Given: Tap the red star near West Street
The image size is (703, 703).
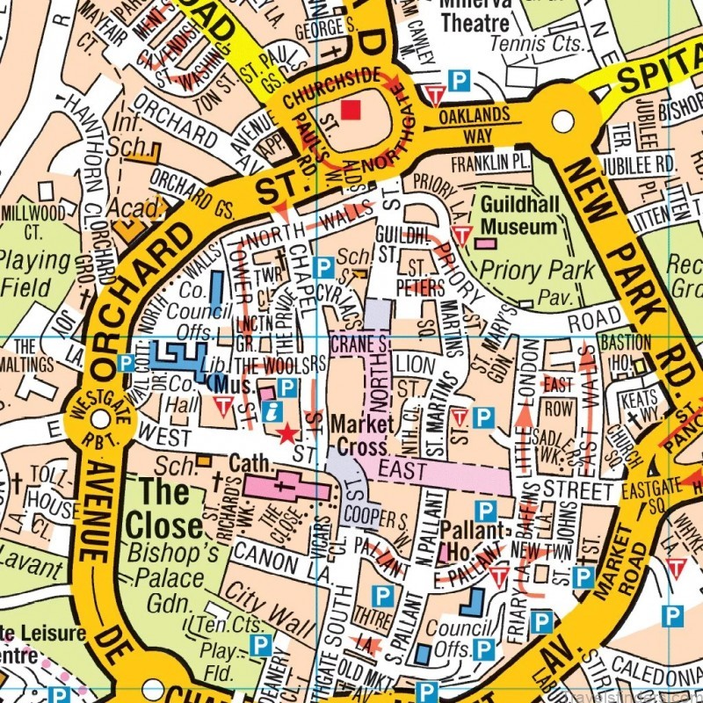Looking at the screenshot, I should pos(286,433).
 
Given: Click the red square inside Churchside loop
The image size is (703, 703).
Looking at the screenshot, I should pos(351,109).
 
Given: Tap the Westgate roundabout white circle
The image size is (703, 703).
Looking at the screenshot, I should pos(100,419).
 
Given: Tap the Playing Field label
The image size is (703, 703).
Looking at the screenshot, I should pos(35,273).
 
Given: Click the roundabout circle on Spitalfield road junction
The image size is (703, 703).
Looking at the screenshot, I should pos(562,121).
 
